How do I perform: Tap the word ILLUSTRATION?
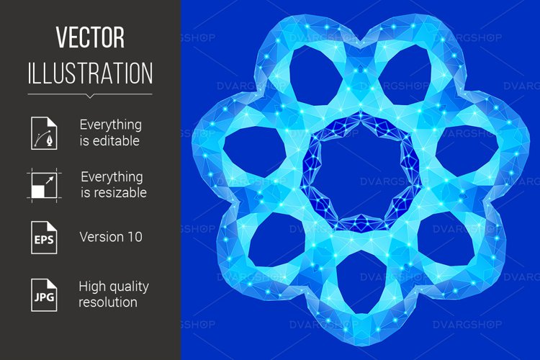[90, 73]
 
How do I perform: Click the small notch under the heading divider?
[90, 96]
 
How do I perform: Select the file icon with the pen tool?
[41, 132]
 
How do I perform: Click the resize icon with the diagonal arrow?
[41, 184]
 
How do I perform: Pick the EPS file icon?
[41, 237]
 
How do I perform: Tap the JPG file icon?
[41, 294]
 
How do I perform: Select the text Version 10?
[111, 237]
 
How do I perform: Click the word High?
[94, 286]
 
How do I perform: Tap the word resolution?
[108, 302]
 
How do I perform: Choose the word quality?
[130, 286]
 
